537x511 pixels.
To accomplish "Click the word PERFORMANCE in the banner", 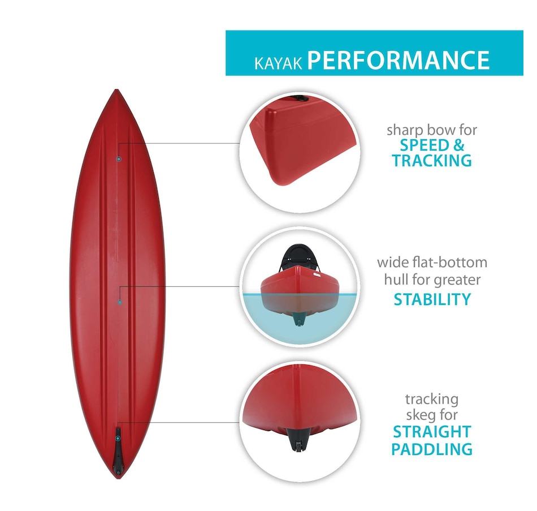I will (x=398, y=60).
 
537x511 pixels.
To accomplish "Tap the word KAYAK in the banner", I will (x=279, y=62).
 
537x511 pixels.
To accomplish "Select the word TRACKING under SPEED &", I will (x=432, y=161).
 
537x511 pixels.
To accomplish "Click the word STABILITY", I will (x=432, y=299).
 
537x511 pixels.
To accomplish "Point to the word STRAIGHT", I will (x=432, y=433).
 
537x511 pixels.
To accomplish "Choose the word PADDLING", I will (x=432, y=450).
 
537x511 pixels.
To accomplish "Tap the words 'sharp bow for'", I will (x=432, y=130).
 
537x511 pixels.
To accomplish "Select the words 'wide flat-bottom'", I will (x=432, y=263).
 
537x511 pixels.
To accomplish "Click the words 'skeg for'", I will (x=432, y=416).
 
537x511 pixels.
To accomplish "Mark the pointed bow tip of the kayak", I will (x=116, y=92).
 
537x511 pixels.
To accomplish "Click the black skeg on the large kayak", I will (x=118, y=453).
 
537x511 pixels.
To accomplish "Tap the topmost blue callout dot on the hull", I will (x=118, y=159).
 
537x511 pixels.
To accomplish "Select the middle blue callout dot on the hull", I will (x=120, y=302).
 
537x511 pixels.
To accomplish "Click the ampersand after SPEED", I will (x=458, y=145).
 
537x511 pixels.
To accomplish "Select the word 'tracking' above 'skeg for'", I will (x=432, y=400).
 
